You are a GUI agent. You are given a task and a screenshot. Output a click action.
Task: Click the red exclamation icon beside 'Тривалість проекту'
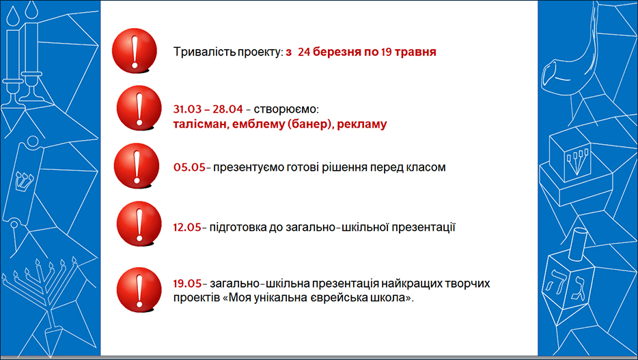click(x=135, y=51)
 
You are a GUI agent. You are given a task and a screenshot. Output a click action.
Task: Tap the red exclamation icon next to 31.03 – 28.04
click(x=139, y=108)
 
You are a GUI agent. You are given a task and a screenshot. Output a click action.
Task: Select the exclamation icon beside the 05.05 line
click(x=137, y=166)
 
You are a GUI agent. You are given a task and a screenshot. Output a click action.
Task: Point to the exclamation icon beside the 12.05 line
click(x=139, y=224)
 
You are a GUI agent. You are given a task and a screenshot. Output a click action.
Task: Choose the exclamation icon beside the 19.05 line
click(x=139, y=290)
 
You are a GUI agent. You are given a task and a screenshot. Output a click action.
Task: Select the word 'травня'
click(x=415, y=53)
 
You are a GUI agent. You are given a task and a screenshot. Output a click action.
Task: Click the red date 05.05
click(x=189, y=167)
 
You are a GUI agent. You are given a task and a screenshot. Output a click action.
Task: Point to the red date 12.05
click(x=187, y=227)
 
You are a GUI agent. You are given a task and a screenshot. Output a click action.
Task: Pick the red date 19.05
click(x=187, y=283)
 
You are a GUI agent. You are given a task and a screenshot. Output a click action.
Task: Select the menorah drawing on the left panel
click(x=40, y=285)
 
